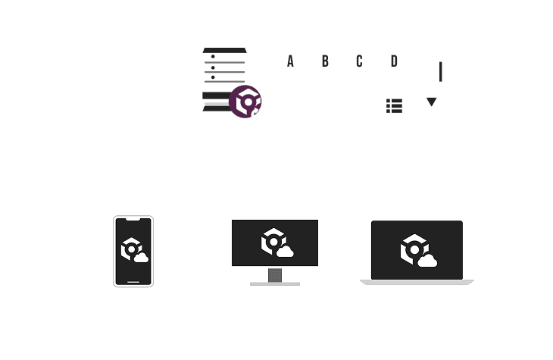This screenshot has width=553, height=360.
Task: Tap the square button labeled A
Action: (290, 62)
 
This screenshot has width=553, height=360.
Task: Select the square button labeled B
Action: (324, 62)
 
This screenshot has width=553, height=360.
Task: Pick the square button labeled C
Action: (359, 62)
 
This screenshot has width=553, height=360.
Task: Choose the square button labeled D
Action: (394, 62)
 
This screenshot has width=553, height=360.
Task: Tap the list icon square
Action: (394, 105)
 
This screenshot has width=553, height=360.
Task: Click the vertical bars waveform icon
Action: (440, 61)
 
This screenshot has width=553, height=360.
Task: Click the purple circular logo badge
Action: (246, 101)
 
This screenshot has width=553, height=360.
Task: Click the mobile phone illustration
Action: (133, 252)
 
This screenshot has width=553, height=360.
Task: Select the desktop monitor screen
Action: (275, 243)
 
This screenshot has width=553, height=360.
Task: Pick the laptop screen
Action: (417, 249)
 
